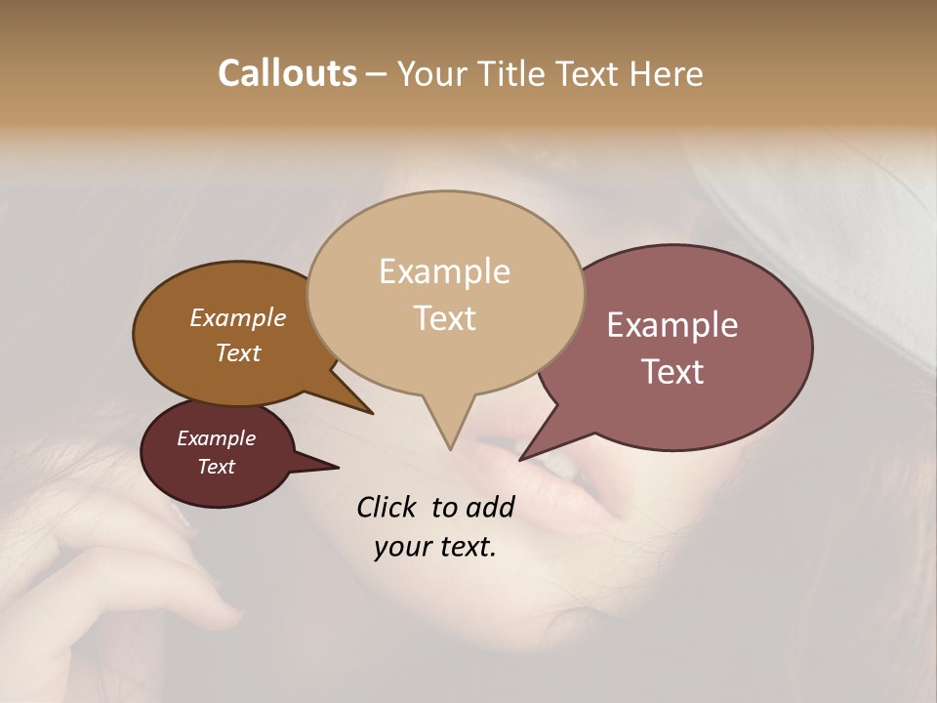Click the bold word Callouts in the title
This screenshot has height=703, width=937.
287,73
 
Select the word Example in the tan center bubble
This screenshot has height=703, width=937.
444,271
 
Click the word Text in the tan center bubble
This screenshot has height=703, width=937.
444,318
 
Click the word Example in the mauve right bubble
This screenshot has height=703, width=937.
672,325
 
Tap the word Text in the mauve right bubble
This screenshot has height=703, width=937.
672,372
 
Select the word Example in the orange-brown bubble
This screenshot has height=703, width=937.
238,317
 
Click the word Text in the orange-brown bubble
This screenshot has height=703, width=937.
238,352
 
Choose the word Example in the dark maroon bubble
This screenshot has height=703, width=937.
217,438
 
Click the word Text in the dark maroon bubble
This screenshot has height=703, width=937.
217,467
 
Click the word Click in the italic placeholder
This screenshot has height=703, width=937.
387,507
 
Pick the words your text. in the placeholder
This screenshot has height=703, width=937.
435,547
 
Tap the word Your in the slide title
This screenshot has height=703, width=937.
434,73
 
